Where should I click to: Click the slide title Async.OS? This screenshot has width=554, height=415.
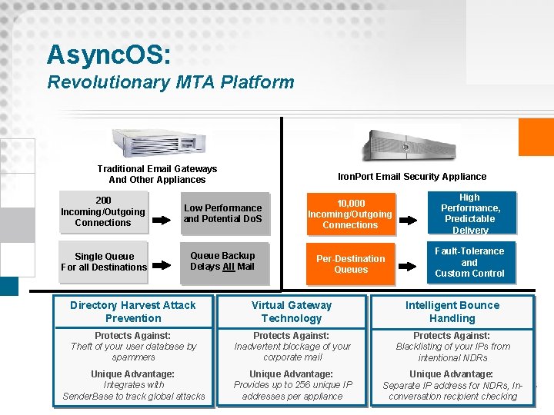coord(109,55)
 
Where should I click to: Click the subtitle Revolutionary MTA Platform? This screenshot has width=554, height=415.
coord(171,82)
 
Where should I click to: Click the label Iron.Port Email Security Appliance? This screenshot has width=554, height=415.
coord(412,177)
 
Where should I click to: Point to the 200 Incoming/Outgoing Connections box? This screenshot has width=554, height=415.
coord(103,212)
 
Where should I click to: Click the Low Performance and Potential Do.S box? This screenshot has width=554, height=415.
coord(223,214)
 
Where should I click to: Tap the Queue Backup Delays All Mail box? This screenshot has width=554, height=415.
coord(223,261)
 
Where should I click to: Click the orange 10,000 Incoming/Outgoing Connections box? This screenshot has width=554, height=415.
coord(350,214)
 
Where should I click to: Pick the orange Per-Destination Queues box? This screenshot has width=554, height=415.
coord(351,264)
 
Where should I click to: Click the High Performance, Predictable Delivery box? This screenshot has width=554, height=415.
coord(470,214)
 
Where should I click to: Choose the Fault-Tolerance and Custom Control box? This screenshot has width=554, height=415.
coord(469,262)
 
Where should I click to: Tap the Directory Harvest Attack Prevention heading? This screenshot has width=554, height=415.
coord(133,311)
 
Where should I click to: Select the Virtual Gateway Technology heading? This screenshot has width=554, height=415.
coord(292,311)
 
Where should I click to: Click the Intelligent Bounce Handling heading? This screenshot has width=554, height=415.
coord(452,311)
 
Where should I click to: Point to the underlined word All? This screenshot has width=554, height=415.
coord(228,267)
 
